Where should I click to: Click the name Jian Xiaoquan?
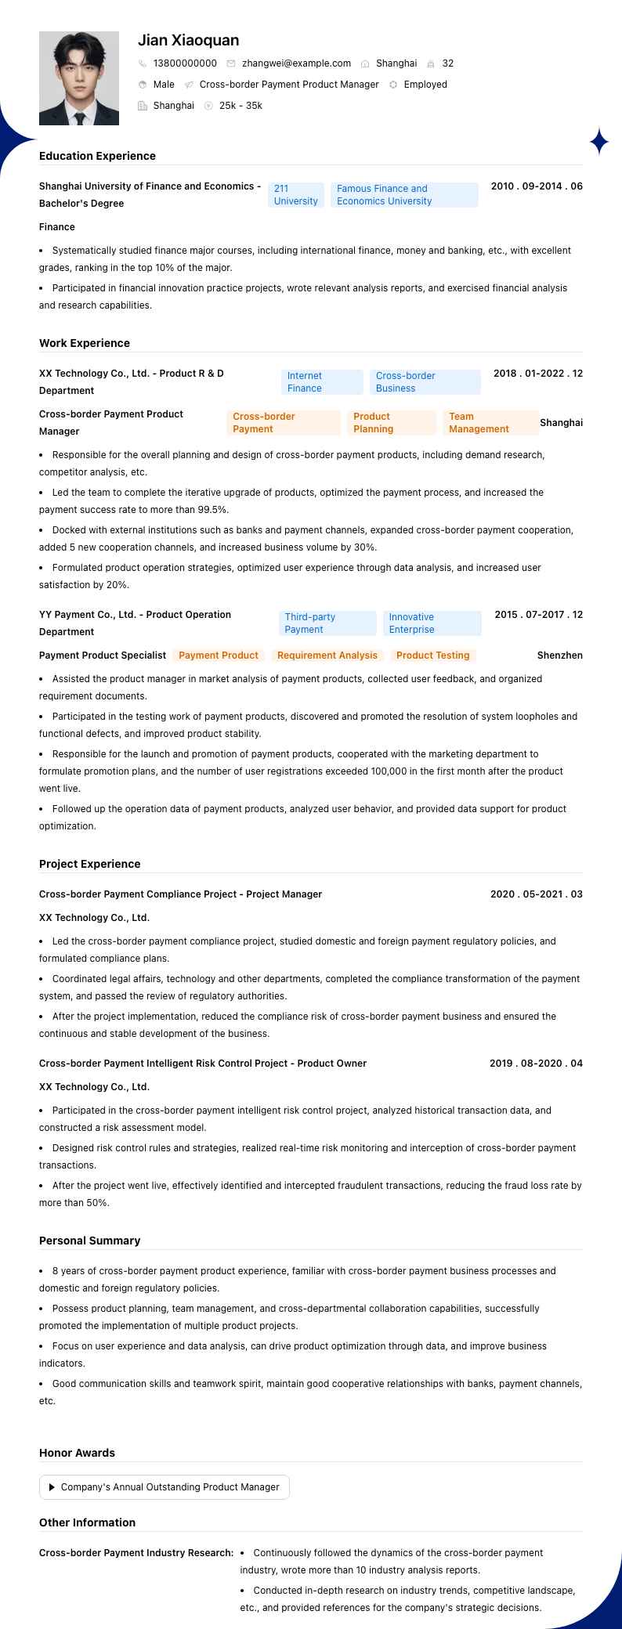(x=189, y=40)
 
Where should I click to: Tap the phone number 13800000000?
(x=185, y=63)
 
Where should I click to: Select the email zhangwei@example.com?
(x=296, y=63)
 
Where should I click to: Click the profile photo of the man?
(x=79, y=78)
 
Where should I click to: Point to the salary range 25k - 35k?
(x=240, y=106)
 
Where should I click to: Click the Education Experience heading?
(x=97, y=156)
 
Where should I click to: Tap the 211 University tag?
(x=295, y=195)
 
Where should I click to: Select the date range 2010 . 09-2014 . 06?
(x=537, y=186)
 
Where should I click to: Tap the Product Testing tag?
(x=432, y=656)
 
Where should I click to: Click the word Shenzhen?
(x=559, y=656)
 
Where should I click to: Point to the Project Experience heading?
(x=89, y=864)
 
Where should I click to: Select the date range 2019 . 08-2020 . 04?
(x=536, y=1064)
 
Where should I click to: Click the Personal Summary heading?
(x=89, y=1241)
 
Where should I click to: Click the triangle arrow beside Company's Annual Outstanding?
(x=52, y=1487)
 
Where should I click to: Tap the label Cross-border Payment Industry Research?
(x=136, y=1553)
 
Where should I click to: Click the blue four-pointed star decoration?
(x=599, y=141)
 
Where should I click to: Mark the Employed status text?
(x=425, y=85)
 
